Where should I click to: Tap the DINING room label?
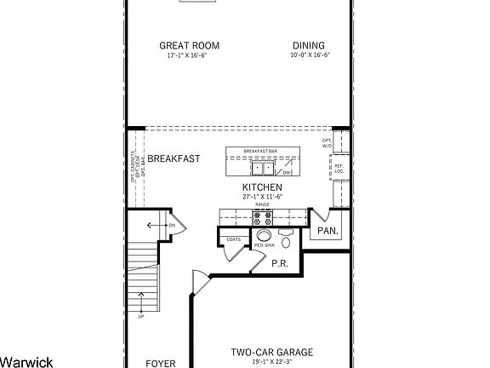308,46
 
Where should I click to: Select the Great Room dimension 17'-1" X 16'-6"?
186,56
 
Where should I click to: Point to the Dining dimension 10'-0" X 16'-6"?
308,56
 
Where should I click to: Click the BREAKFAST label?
174,158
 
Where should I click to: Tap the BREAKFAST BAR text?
261,151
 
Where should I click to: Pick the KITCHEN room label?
261,187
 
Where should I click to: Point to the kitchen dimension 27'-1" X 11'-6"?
261,197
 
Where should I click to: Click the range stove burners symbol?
262,216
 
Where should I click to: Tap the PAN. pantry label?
328,231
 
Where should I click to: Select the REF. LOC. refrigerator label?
338,169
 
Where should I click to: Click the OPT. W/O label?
328,142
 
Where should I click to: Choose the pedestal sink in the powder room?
265,236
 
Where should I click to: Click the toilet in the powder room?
286,239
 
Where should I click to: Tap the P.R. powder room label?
279,264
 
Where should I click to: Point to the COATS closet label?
233,239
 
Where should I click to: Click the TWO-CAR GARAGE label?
272,352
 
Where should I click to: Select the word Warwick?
26,361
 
